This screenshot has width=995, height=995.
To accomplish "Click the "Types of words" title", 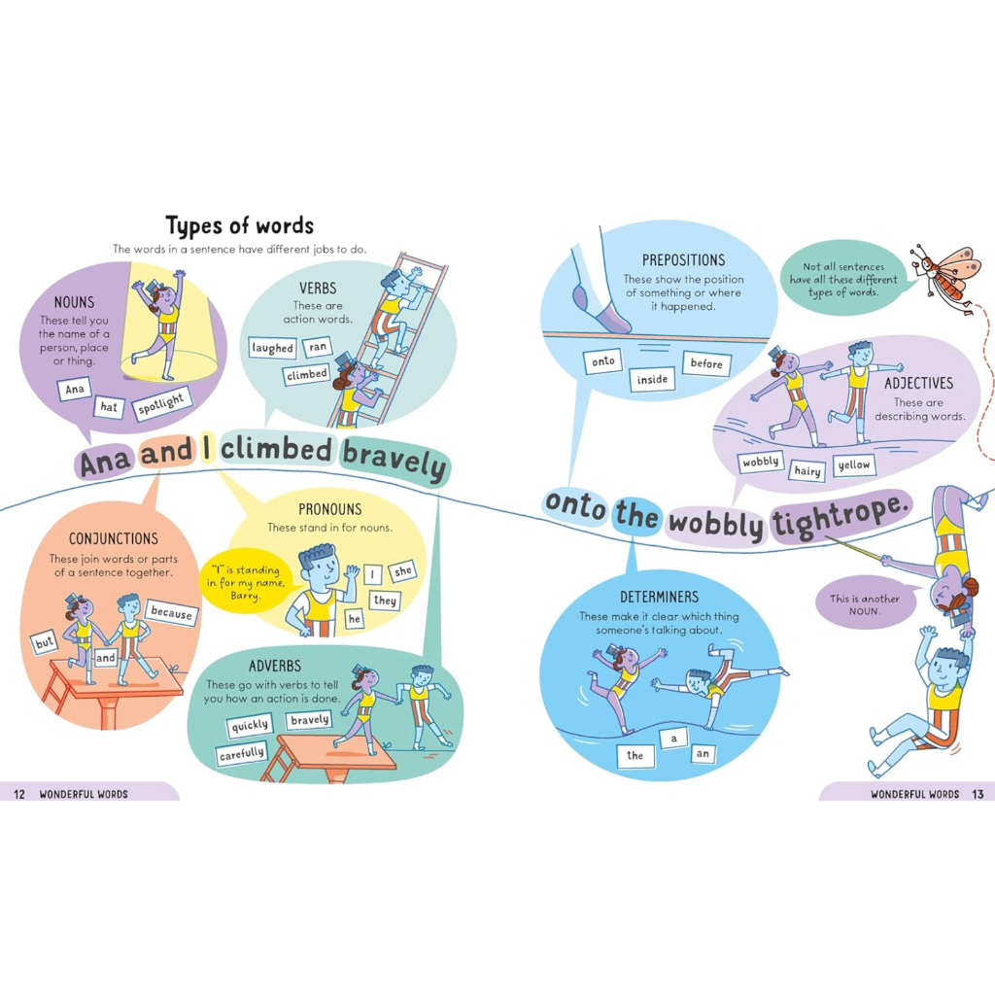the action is pos(239,226).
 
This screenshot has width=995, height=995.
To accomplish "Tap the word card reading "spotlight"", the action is pos(162,403).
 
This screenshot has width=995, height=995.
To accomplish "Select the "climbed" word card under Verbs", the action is pos(307,375).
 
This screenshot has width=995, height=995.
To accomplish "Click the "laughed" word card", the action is pos(272,348).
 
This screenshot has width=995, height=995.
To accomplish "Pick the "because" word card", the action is pos(171,613).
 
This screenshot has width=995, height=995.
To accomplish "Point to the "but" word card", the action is pos(44,643).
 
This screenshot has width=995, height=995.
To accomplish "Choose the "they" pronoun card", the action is pos(385,600).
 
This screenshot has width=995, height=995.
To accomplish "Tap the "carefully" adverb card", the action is pos(242,754).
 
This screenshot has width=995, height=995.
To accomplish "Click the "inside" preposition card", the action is pos(652,380).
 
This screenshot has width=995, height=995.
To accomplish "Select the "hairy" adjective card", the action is pos(807,471).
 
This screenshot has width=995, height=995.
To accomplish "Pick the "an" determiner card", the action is pos(703,754).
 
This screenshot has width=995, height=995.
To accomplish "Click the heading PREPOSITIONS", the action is pos(683,260).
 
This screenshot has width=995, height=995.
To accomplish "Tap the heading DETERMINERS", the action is pos(660,598).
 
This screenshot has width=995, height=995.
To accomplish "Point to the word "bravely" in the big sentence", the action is pos(395,459).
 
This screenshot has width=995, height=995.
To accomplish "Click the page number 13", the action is pos(978,794).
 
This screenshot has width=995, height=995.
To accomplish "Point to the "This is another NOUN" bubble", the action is pos(865,604).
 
